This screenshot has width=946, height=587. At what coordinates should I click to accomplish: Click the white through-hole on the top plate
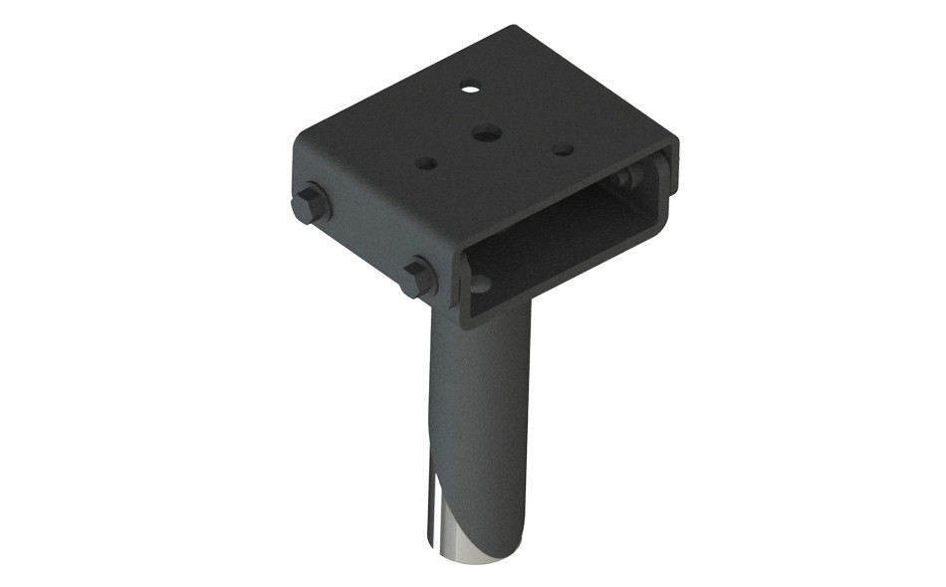[x=469, y=89]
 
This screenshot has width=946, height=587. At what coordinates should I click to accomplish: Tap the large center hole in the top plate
[x=486, y=131]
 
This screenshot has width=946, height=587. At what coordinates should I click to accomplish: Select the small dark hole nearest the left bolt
[x=426, y=162]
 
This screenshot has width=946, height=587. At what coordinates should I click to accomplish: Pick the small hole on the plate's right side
[x=563, y=150]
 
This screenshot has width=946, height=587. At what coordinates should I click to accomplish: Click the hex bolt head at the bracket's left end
[x=312, y=205]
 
